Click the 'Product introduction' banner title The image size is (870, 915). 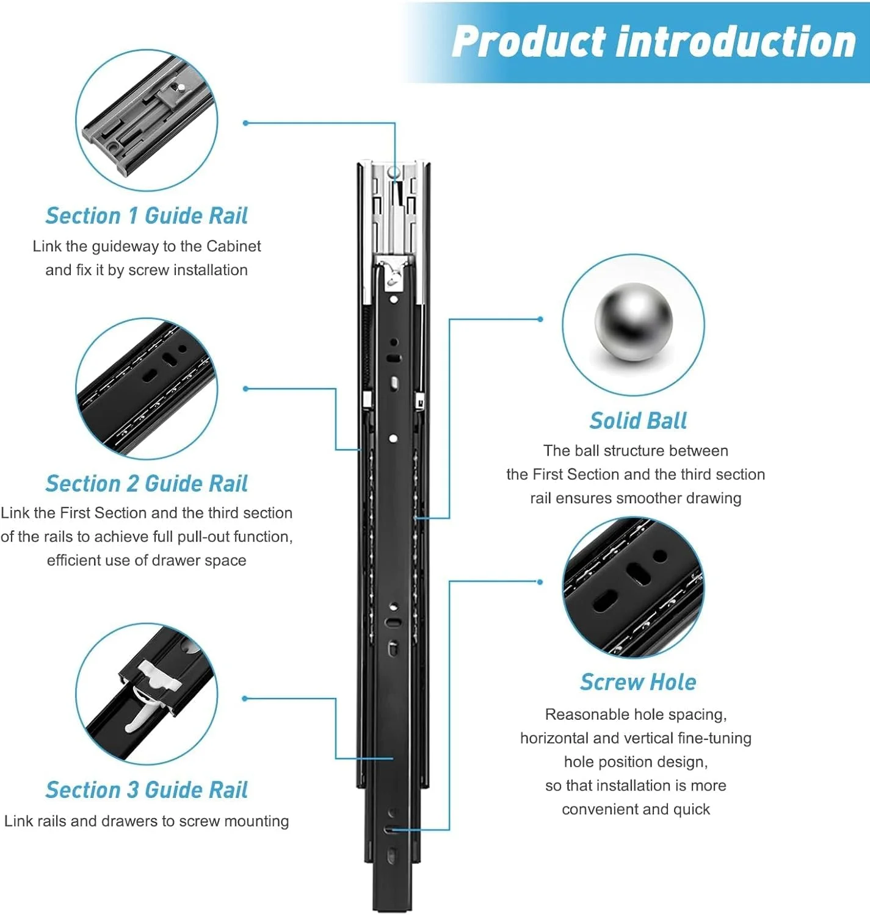coord(653,42)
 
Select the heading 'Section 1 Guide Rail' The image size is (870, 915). coord(147,216)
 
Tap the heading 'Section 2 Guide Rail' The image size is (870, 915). coord(147,484)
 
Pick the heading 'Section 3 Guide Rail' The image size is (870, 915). coord(147,790)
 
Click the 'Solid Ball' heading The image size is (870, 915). coord(638,421)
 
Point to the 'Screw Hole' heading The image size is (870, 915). coord(638,683)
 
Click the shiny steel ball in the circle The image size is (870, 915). coord(634,322)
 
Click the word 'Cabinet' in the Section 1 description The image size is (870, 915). coord(233,246)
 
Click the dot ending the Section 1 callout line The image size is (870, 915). coord(245,123)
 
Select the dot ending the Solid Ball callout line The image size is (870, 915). coord(540,319)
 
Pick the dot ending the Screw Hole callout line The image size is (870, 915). coord(540,582)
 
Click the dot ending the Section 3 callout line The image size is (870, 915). coord(245,698)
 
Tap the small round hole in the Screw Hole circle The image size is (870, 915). coord(660,556)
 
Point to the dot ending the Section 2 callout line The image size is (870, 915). coord(245,389)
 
